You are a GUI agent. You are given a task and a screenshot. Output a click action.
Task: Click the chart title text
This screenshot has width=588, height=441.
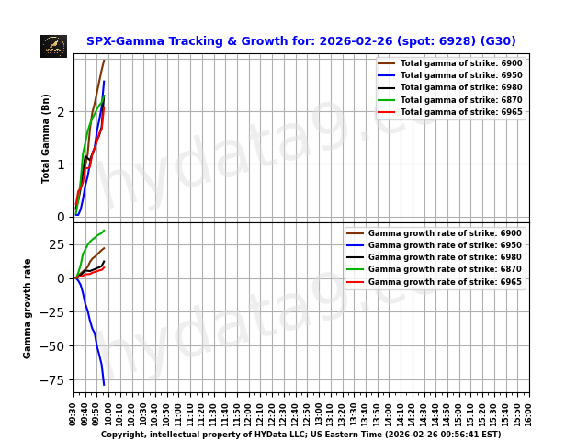click(x=300, y=41)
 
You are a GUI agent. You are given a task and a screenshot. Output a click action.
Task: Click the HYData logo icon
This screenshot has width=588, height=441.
click(x=53, y=46)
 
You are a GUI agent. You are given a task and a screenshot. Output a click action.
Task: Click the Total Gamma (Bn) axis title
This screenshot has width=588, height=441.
click(x=46, y=138)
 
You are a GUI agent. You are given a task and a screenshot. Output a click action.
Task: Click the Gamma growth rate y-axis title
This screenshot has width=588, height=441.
click(x=28, y=308)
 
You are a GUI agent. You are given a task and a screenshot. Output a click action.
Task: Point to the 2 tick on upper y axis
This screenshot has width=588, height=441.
click(x=62, y=112)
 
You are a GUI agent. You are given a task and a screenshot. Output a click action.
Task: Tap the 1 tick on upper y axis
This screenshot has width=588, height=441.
click(x=62, y=164)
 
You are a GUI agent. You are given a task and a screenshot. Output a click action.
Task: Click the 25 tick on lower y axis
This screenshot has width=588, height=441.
click(x=57, y=244)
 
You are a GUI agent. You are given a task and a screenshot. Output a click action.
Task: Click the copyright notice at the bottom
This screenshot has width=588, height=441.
click(x=300, y=434)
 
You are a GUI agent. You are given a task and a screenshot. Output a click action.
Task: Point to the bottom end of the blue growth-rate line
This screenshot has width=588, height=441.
click(x=104, y=384)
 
